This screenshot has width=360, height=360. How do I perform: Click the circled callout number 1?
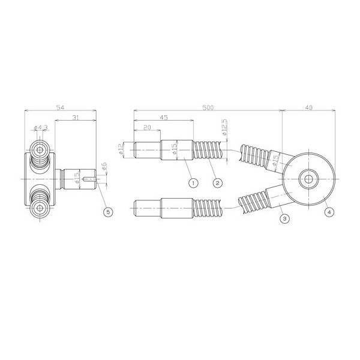pyautogui.click(x=192, y=181)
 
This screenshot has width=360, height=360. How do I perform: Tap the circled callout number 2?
pyautogui.click(x=218, y=181)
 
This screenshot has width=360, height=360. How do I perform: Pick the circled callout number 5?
pyautogui.click(x=107, y=212)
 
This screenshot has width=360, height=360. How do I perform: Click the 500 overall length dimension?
pyautogui.click(x=208, y=107)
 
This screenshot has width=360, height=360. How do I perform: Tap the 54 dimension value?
pyautogui.click(x=61, y=107)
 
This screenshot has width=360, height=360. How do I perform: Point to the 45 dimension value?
pyautogui.click(x=163, y=118)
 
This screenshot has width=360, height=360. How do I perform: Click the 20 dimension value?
pyautogui.click(x=147, y=128)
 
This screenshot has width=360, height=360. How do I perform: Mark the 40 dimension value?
pyautogui.click(x=308, y=107)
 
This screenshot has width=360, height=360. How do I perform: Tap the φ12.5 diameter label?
pyautogui.click(x=224, y=129)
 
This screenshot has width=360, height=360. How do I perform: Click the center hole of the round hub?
pyautogui.click(x=308, y=179)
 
